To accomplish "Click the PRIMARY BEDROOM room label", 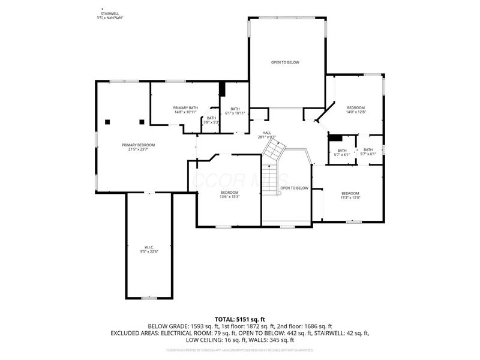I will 138,147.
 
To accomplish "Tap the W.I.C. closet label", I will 149,250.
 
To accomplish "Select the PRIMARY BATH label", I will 185,110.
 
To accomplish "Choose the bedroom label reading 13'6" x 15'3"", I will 230,194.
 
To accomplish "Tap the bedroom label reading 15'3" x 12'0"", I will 350,196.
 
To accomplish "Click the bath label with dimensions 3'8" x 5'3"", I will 211,120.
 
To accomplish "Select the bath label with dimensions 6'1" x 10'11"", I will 235,111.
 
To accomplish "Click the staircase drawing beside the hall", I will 273,162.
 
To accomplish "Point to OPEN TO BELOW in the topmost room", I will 285,62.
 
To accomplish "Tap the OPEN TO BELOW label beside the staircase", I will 295,188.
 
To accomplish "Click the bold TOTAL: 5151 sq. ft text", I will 240,319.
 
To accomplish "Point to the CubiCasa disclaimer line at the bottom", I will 240,349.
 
